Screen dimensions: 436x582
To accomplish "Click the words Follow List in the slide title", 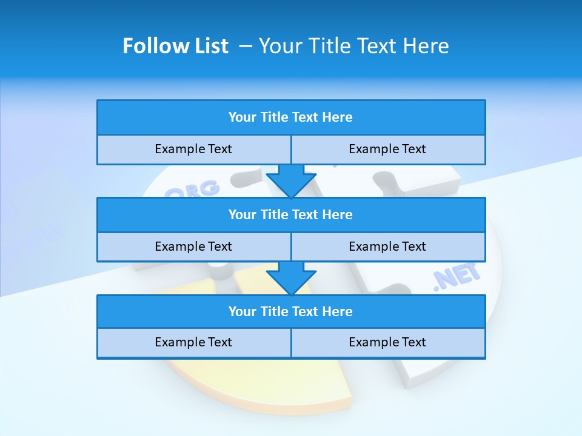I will point(175,46).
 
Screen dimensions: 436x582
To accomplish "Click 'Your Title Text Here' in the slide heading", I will point(353,46).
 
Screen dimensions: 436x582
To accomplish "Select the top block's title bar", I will point(291,117).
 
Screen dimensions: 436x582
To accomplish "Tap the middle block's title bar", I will point(291,215).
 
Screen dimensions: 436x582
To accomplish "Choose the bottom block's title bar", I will point(291,312).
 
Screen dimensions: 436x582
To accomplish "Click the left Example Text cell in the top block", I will point(193,150).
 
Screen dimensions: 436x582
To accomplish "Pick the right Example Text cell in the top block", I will point(388,150).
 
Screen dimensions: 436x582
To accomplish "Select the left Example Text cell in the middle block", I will point(193,246).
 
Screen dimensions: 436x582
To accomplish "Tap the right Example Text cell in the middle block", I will point(388,246).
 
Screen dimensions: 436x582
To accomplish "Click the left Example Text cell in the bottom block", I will point(193,343).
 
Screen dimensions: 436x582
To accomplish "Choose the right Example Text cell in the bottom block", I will point(388,343).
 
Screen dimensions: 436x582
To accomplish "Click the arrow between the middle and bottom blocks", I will point(291,277).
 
